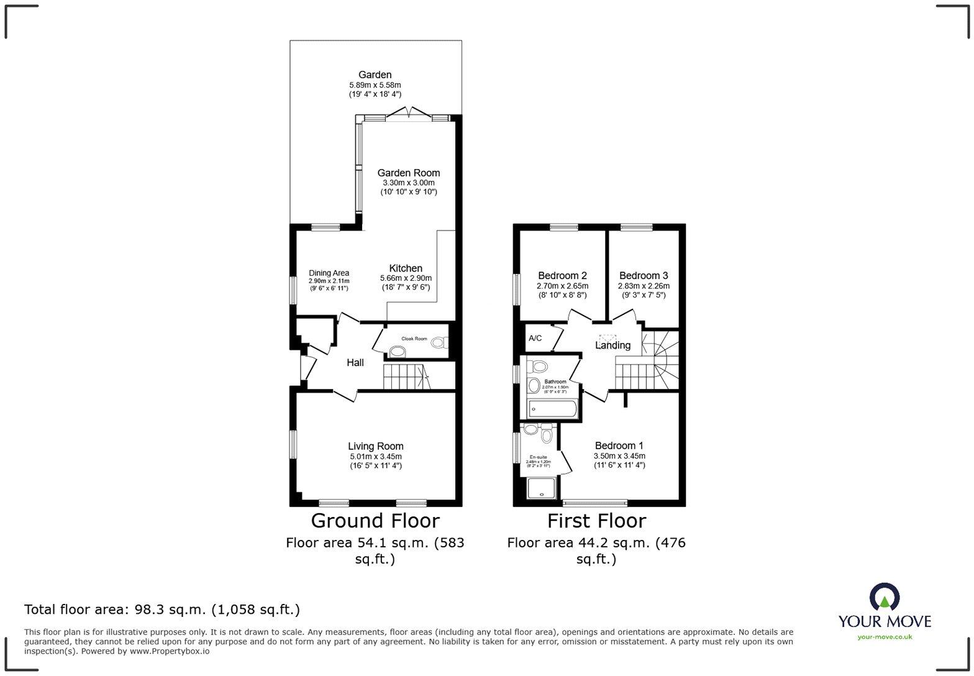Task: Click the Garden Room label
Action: [408, 173]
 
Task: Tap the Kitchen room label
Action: [406, 268]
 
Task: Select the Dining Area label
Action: [329, 273]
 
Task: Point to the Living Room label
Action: [375, 446]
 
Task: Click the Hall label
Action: [355, 362]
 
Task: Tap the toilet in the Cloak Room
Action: [439, 342]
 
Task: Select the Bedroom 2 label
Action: [562, 275]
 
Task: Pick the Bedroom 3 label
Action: [644, 275]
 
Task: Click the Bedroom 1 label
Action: [619, 445]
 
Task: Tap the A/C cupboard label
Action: [535, 338]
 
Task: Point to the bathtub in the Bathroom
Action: [553, 409]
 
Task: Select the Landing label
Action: [612, 345]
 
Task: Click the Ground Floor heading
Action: [375, 521]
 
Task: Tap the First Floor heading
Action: [596, 521]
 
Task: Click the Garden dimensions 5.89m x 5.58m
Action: [375, 85]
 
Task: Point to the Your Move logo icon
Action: [884, 597]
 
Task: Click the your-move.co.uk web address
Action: [885, 636]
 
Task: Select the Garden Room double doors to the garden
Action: [408, 113]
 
